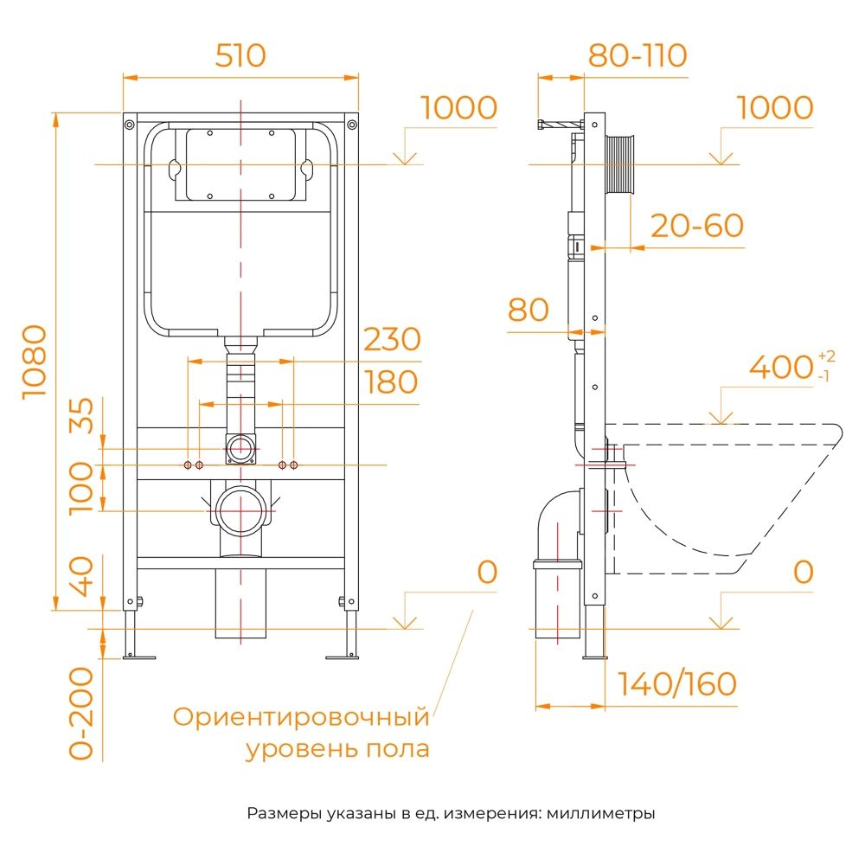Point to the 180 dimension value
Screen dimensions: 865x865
click(x=391, y=381)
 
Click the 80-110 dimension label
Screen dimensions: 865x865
click(x=638, y=55)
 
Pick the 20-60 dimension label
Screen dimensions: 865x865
click(x=696, y=226)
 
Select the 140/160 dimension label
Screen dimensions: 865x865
click(x=677, y=684)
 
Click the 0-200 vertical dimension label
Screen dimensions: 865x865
click(x=81, y=714)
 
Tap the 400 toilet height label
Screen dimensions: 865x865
click(x=781, y=368)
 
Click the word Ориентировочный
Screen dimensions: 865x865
click(x=301, y=717)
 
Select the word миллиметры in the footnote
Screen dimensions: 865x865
click(x=601, y=814)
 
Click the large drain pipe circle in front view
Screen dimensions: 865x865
click(x=240, y=510)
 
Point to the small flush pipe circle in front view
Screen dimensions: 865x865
click(x=240, y=448)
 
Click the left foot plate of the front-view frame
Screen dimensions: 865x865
click(x=138, y=657)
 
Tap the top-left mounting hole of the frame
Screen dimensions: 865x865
click(x=129, y=125)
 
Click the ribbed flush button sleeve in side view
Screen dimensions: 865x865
click(x=623, y=164)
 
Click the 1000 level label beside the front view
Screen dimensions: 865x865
click(x=458, y=108)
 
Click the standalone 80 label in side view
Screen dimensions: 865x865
click(x=529, y=310)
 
